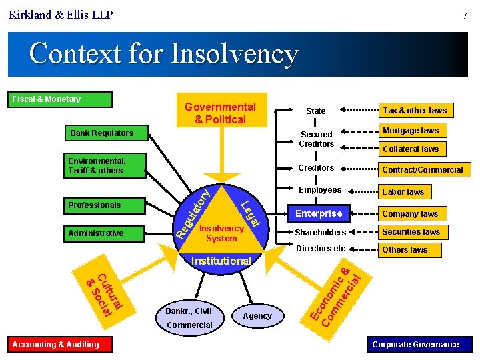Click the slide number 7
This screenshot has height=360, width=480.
(464, 15)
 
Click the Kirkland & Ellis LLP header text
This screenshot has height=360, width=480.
(61, 14)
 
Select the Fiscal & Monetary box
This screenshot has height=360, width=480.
(61, 99)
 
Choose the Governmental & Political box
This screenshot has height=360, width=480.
(221, 113)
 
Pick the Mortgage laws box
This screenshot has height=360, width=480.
(411, 131)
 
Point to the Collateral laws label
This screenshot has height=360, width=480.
(411, 149)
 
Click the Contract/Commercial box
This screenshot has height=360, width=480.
(422, 169)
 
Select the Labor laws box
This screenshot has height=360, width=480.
(403, 192)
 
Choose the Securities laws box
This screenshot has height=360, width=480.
(411, 232)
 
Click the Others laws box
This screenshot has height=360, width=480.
(405, 250)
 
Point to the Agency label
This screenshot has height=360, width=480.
(257, 316)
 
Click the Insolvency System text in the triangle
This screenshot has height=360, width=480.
(221, 233)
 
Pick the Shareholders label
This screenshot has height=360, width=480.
(321, 233)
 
